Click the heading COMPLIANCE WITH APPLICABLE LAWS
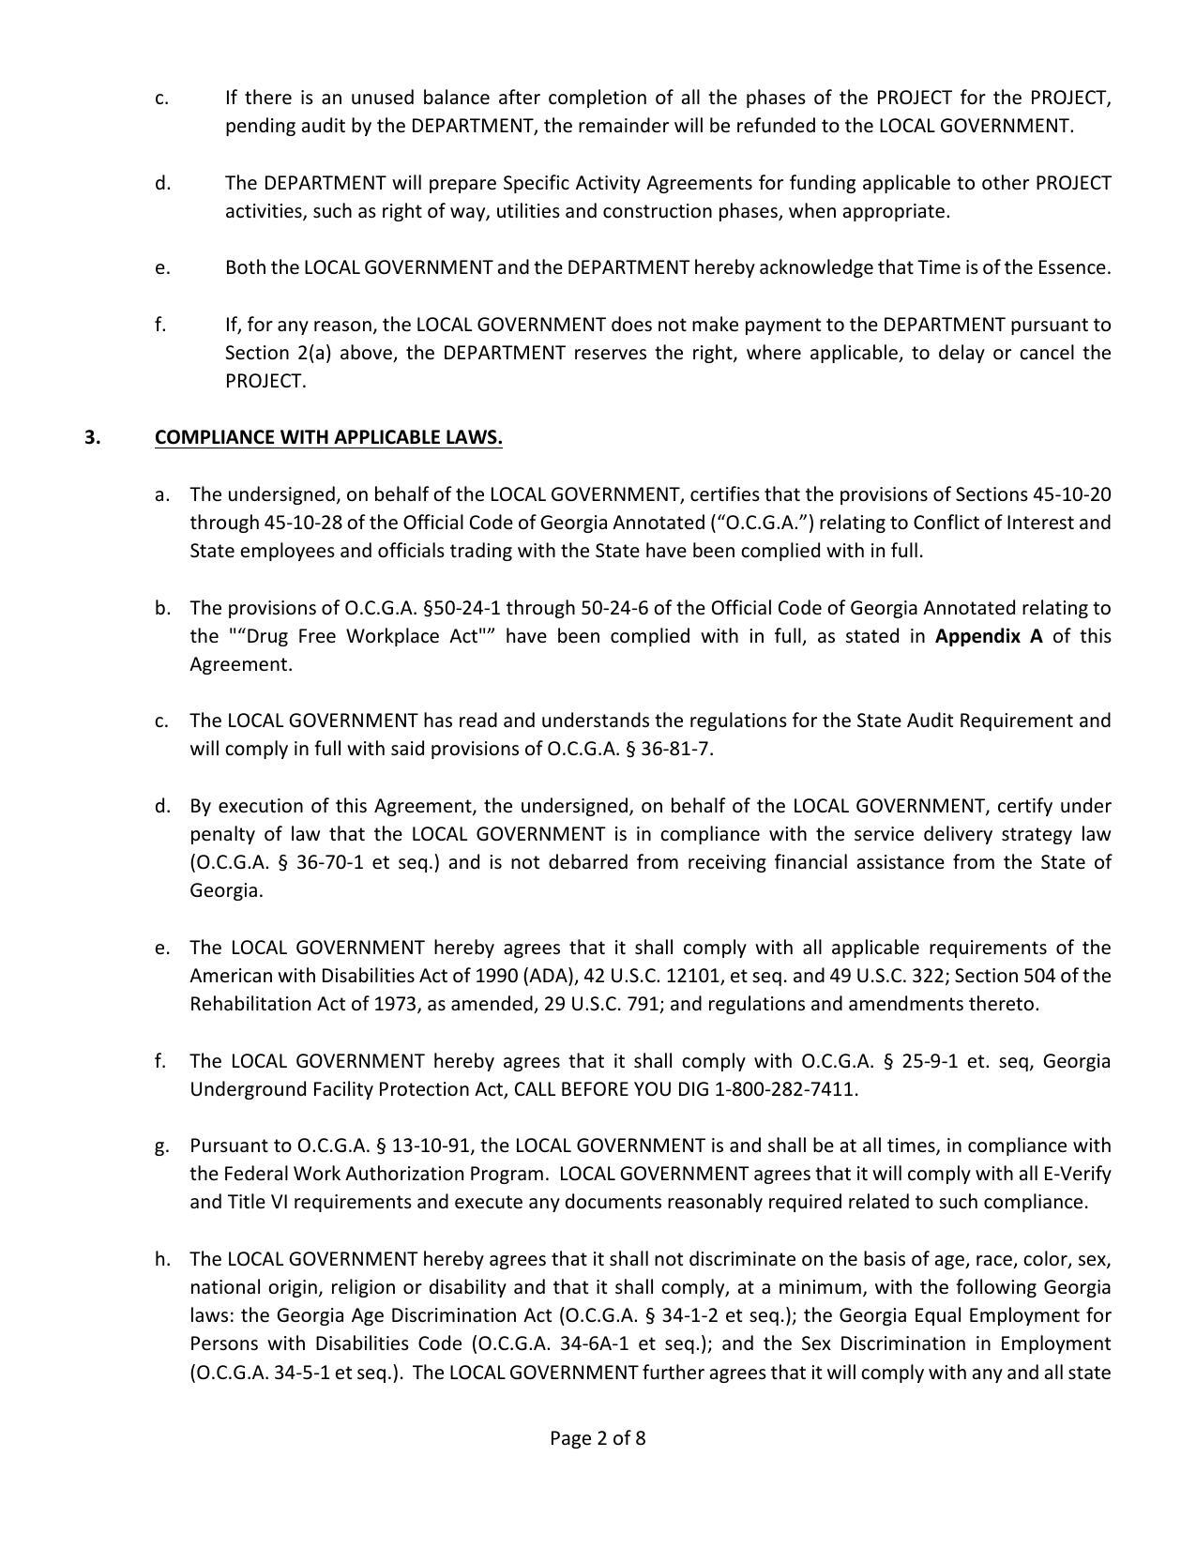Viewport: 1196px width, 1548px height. pyautogui.click(x=328, y=438)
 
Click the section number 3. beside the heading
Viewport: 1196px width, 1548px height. pyautogui.click(x=92, y=438)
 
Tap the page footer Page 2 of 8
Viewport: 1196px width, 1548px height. pyautogui.click(x=598, y=1438)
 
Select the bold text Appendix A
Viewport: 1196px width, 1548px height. pyautogui.click(x=989, y=636)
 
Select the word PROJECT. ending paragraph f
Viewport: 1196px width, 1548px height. pyautogui.click(x=265, y=381)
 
